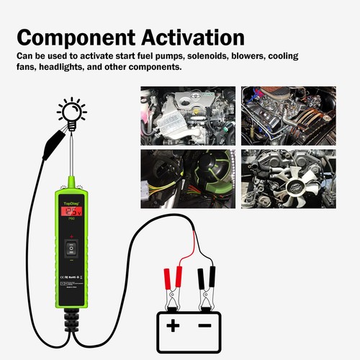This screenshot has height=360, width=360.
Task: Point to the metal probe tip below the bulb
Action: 72,155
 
